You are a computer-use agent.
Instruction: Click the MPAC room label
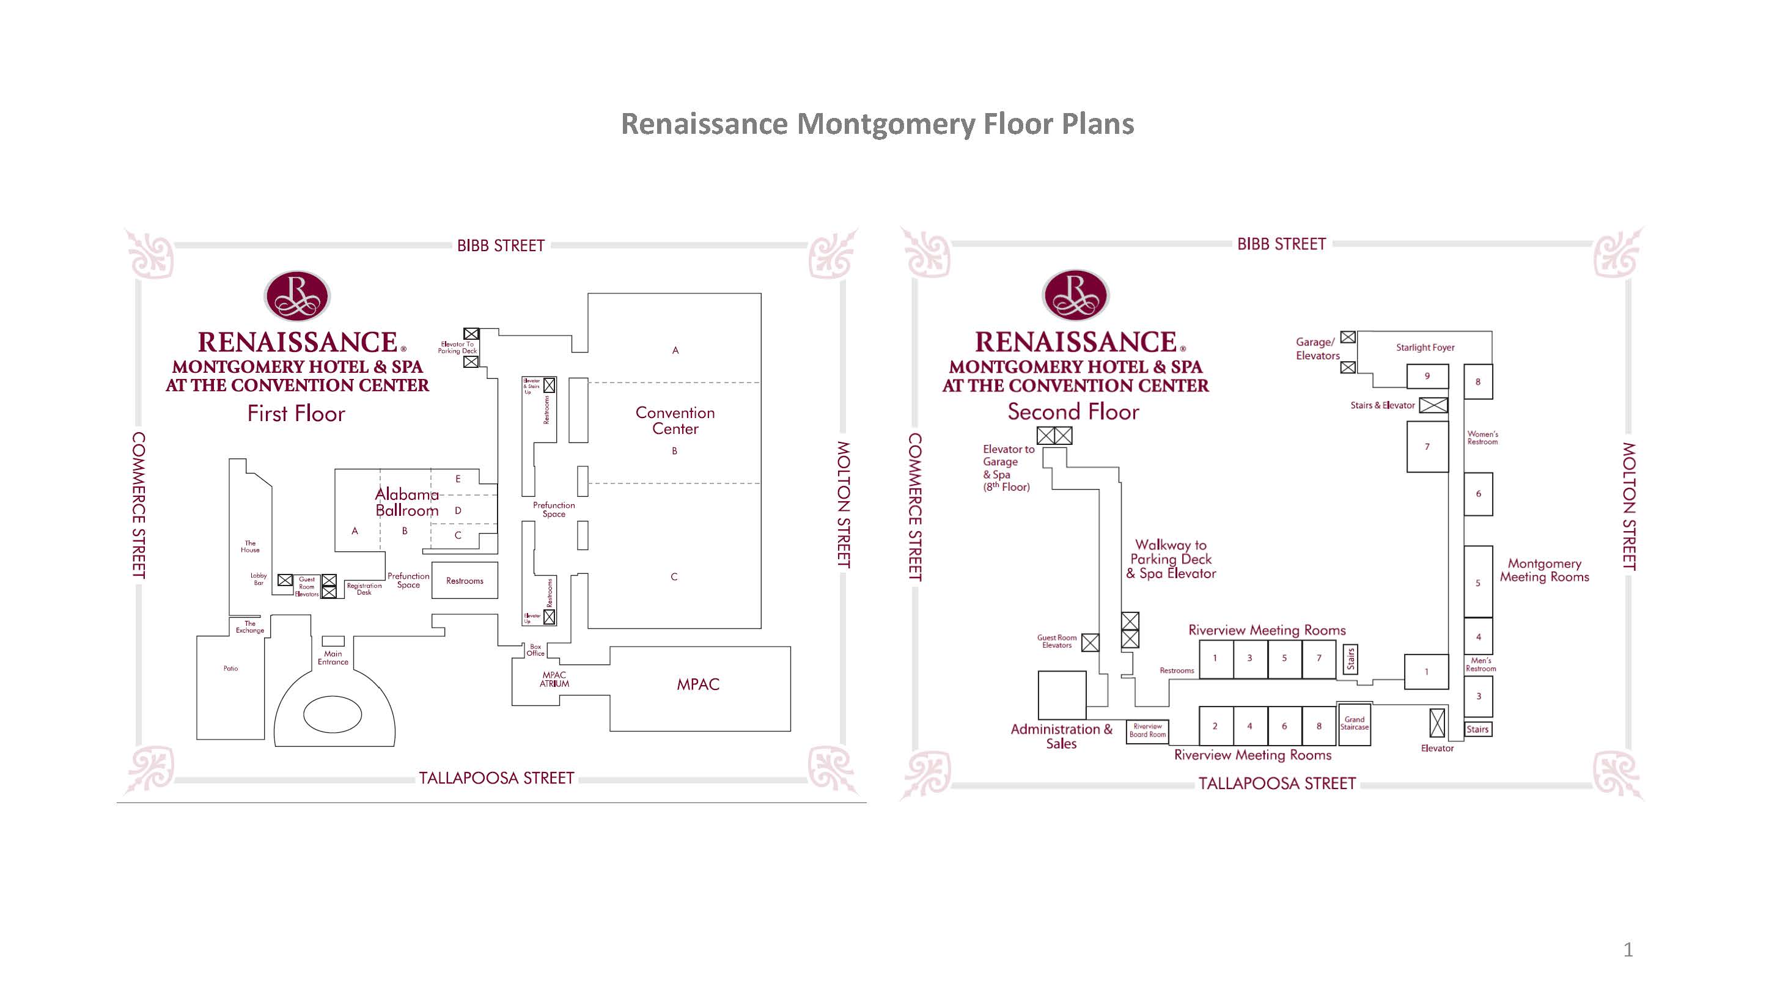point(697,685)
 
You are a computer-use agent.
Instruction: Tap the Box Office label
point(535,650)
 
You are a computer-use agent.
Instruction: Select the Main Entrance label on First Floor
point(333,658)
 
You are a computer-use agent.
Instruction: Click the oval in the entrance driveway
point(333,715)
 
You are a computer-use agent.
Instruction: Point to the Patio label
point(230,668)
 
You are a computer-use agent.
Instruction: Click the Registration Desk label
point(364,589)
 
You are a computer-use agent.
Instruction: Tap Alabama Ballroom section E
point(458,479)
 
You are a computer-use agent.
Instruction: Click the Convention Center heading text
point(675,420)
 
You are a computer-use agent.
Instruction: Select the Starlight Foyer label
point(1425,348)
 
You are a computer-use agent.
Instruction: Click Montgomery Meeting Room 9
point(1427,376)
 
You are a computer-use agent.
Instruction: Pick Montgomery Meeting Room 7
point(1427,446)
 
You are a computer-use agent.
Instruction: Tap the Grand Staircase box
point(1354,724)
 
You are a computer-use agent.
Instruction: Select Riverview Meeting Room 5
point(1284,658)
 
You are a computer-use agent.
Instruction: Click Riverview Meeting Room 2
point(1215,726)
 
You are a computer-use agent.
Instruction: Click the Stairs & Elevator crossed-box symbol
point(1433,405)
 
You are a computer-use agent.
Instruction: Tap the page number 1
point(1628,950)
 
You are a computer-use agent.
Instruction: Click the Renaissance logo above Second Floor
point(1075,295)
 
